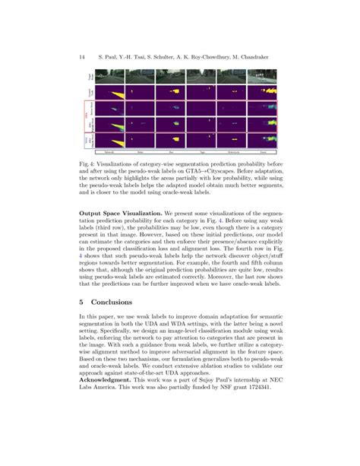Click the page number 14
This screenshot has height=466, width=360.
pyautogui.click(x=81, y=57)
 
